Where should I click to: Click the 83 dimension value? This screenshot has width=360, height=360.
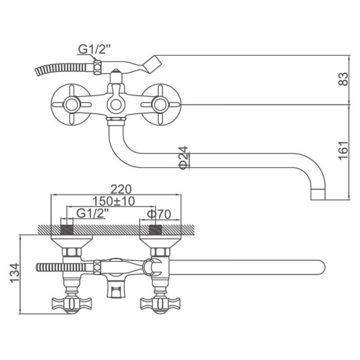tap(343, 79)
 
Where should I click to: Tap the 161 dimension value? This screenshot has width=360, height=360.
tap(343, 151)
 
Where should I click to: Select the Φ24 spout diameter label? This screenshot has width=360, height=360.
tap(184, 158)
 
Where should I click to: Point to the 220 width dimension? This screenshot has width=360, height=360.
tap(121, 190)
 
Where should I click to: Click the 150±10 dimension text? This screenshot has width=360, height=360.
tap(113, 201)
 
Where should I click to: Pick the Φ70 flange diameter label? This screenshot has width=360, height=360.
tap(159, 214)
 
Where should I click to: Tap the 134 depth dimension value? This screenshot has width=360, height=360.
tap(14, 273)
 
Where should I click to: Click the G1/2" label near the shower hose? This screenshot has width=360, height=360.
tap(94, 49)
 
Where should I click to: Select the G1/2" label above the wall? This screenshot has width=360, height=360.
tap(92, 214)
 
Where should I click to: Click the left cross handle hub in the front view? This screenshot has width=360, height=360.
tap(72, 104)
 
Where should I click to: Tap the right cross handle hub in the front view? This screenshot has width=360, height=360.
tap(160, 104)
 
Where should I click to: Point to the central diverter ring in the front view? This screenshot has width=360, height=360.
tap(116, 104)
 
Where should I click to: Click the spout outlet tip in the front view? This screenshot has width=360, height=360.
tap(318, 194)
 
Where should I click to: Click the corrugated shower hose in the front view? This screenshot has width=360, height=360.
tap(64, 69)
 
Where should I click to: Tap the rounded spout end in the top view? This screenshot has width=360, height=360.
tap(320, 267)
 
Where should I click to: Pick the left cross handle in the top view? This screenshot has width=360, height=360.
tap(72, 304)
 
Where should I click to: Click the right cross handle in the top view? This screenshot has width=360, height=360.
tap(160, 304)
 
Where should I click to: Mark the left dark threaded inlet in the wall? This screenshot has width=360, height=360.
tap(67, 230)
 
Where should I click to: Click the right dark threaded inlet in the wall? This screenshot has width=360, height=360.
tap(155, 230)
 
